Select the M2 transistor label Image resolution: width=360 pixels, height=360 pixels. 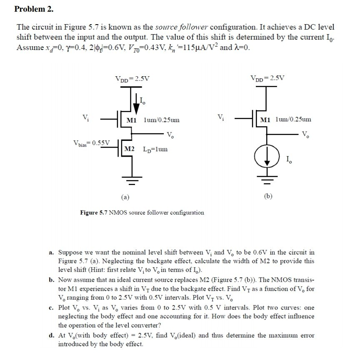click(129, 149)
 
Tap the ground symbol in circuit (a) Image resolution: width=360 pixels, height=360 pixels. click(132, 181)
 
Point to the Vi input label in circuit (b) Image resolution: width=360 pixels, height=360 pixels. click(221, 117)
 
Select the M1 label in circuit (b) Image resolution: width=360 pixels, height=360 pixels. click(266, 120)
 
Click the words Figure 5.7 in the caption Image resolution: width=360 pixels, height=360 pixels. click(94, 212)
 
